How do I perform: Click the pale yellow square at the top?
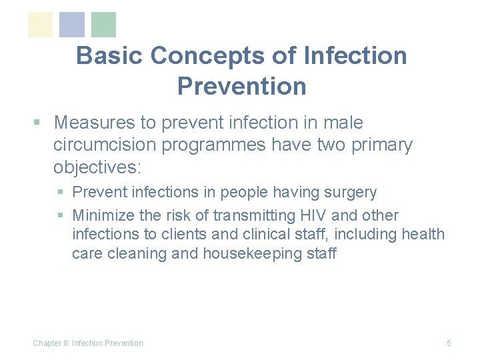(40, 25)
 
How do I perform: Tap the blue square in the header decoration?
(72, 25)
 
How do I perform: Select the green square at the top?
(103, 25)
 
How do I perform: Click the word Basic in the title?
(109, 55)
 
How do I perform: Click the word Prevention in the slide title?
(241, 86)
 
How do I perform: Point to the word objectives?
(99, 167)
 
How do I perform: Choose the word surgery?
(352, 193)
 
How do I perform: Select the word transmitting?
(249, 215)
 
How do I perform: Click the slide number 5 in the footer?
(449, 343)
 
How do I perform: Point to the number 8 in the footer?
(66, 343)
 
